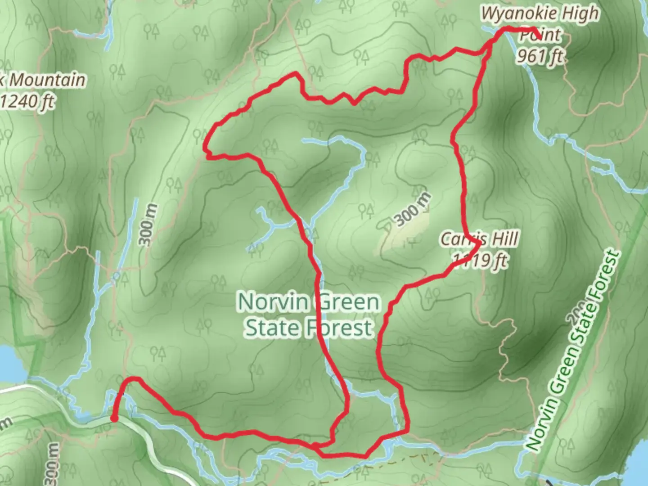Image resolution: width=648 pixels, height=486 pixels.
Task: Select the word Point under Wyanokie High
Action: click(x=541, y=35)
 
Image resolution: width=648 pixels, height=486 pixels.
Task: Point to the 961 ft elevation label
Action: click(x=539, y=56)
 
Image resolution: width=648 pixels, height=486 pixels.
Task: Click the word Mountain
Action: click(x=47, y=80)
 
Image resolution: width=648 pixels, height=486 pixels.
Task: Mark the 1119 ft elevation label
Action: click(x=481, y=261)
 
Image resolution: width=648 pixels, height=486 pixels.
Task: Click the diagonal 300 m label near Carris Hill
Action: click(x=413, y=209)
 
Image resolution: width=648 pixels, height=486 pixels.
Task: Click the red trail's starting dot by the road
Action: click(x=114, y=419)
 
